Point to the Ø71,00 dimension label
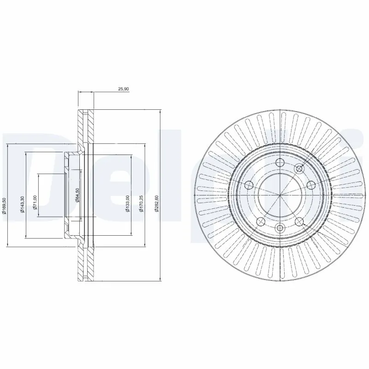[35, 202]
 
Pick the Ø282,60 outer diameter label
[157, 203]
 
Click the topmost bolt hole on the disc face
[280, 162]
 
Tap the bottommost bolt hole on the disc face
[280, 227]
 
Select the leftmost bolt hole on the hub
[249, 185]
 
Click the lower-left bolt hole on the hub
[260, 221]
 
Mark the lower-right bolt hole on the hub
[299, 221]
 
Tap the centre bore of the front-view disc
[280, 195]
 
